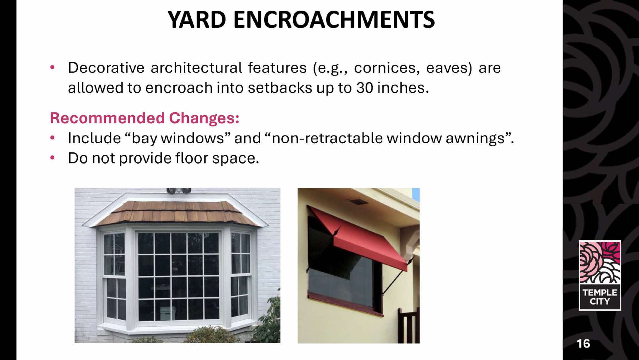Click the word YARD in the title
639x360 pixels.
(x=197, y=20)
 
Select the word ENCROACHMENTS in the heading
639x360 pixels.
(x=334, y=20)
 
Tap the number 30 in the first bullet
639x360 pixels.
(x=365, y=88)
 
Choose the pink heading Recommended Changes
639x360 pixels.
(x=144, y=118)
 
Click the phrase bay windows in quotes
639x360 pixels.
(x=178, y=138)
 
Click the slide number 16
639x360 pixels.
(x=583, y=344)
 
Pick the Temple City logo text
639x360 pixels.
(x=600, y=297)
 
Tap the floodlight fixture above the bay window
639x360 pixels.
(x=178, y=190)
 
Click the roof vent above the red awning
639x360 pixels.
(x=358, y=202)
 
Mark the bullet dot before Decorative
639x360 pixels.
(x=52, y=67)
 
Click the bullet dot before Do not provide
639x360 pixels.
(x=52, y=158)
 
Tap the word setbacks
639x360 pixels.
(x=280, y=88)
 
